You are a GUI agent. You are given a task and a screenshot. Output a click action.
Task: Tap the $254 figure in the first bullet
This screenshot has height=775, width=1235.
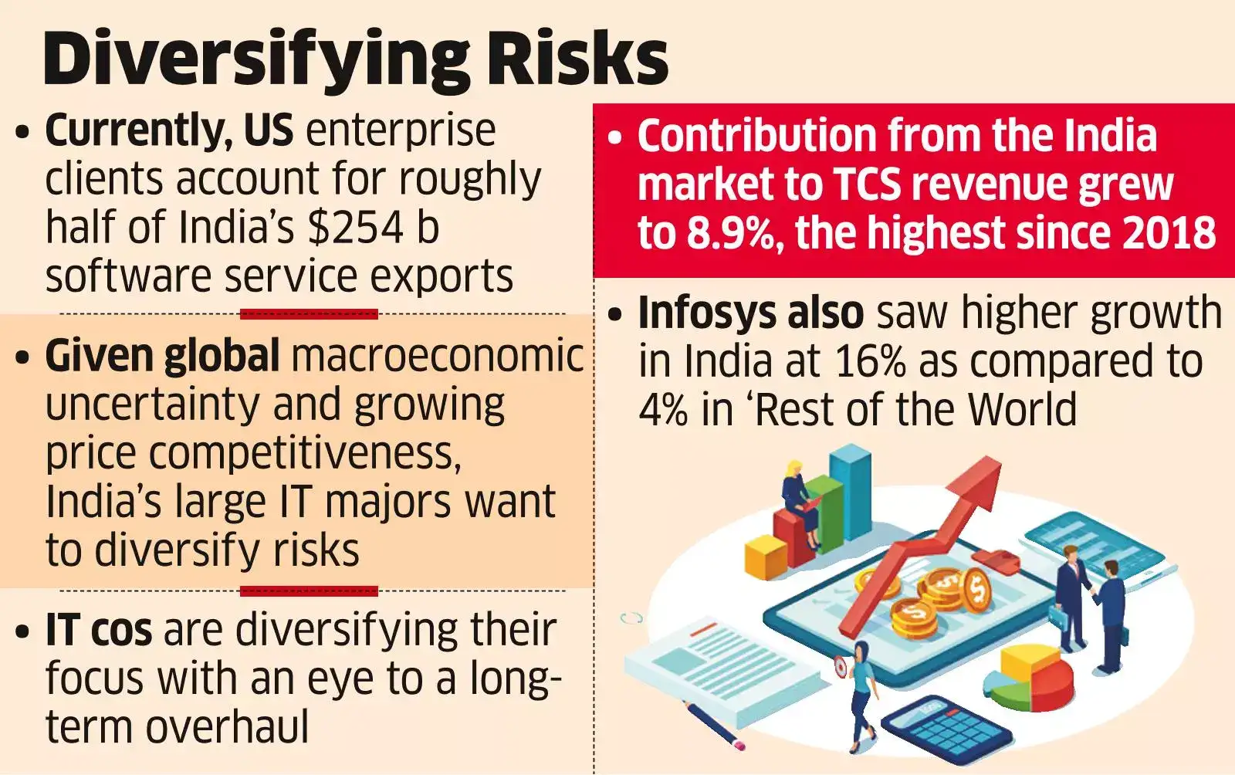tap(355, 228)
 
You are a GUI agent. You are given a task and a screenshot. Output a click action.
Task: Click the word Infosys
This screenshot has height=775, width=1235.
tap(711, 313)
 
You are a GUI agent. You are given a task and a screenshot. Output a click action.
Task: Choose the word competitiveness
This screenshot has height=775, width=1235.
tap(304, 454)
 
